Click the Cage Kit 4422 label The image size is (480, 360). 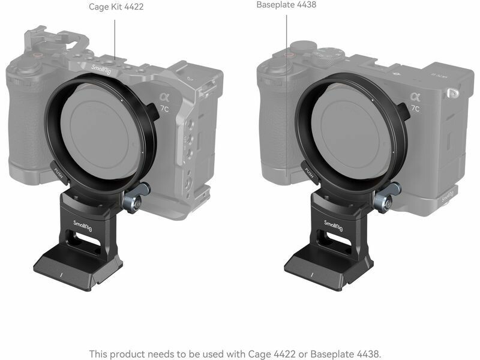pos(116,7)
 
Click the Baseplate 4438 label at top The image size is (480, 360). pos(286,5)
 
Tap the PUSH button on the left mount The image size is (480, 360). pos(59,173)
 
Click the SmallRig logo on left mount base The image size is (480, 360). pos(83,226)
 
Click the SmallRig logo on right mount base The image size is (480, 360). pos(334,226)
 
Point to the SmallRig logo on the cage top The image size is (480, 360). pos(101,70)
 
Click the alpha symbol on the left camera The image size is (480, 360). pos(164,97)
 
